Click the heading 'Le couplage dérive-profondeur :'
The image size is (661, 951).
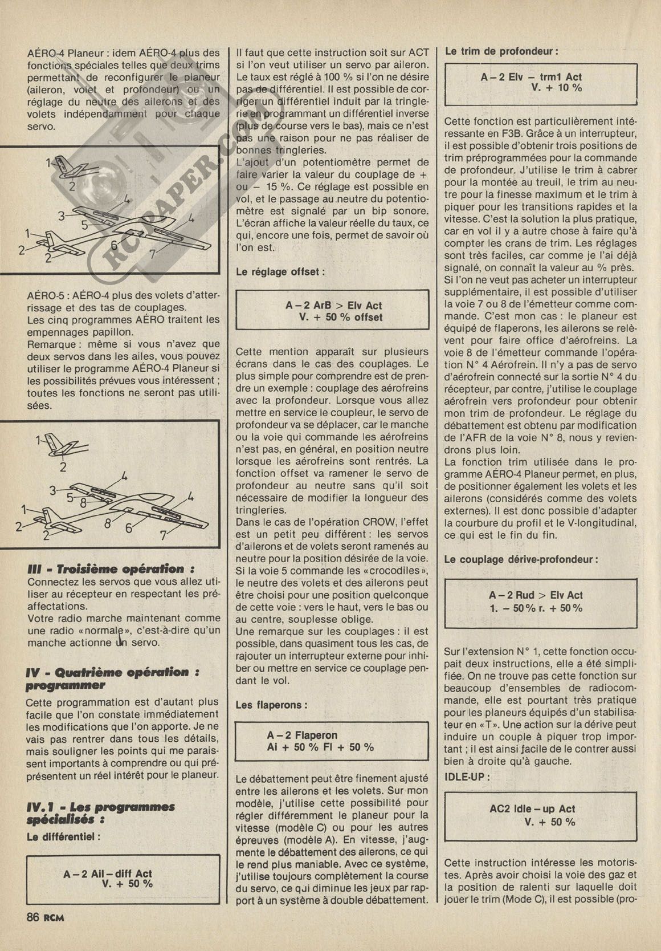pyautogui.click(x=521, y=559)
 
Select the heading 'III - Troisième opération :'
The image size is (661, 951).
pyautogui.click(x=111, y=569)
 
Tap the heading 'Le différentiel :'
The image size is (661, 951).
pyautogui.click(x=63, y=837)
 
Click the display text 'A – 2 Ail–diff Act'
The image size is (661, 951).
pyautogui.click(x=108, y=873)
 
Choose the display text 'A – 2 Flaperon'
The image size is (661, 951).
pyautogui.click(x=302, y=735)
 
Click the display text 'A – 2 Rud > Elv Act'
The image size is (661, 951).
pyautogui.click(x=536, y=595)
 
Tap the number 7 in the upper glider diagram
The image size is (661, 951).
pyautogui.click(x=152, y=255)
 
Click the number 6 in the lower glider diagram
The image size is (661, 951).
pyautogui.click(x=128, y=527)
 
